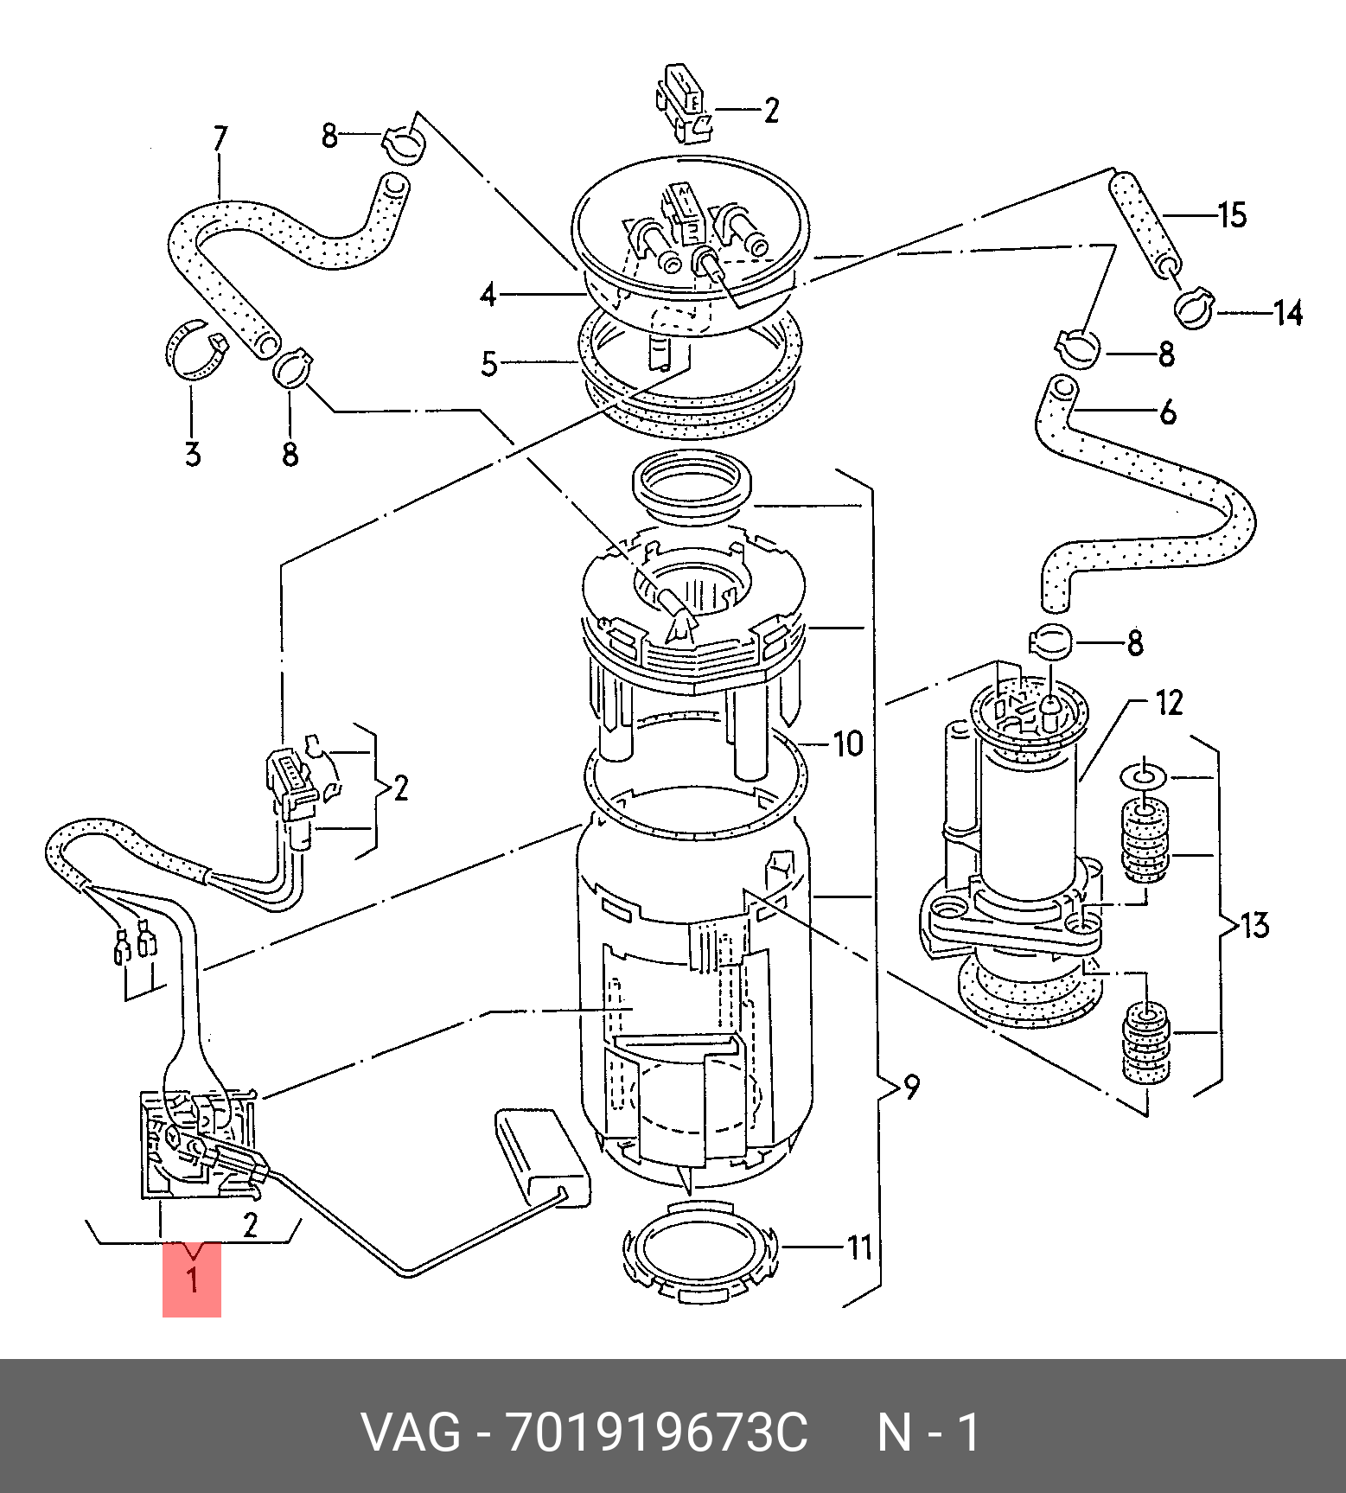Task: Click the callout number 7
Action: coord(220,139)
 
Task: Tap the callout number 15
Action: coord(1232,214)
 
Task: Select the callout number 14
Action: coord(1288,312)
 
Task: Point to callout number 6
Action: coord(1167,412)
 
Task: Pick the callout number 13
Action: coord(1254,925)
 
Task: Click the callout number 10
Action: coord(848,743)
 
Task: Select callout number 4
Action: coord(489,296)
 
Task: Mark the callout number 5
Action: coord(489,364)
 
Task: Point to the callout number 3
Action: coord(192,453)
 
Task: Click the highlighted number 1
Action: coord(192,1279)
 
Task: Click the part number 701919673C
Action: coord(657,1432)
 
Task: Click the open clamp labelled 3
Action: coord(196,350)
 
